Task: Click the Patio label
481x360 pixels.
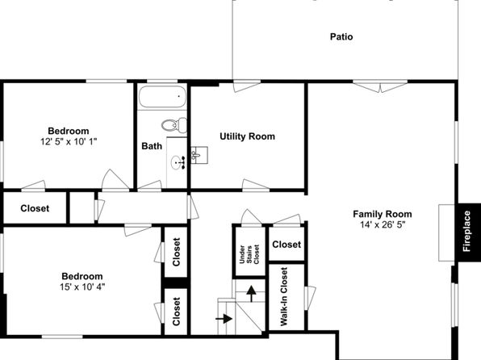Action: tap(341, 37)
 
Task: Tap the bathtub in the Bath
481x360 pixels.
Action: tap(162, 96)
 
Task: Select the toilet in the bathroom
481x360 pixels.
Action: tap(174, 125)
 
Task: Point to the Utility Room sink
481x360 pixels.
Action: tap(199, 155)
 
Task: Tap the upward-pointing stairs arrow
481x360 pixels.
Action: tap(251, 294)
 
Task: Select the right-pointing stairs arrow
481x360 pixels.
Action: tap(224, 319)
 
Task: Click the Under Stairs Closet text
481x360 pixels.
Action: tap(249, 254)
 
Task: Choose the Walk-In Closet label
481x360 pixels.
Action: tap(284, 296)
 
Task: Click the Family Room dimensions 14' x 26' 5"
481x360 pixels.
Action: tap(383, 224)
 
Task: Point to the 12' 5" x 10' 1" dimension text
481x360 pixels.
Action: tap(69, 141)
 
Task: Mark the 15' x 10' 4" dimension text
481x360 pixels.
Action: tap(82, 287)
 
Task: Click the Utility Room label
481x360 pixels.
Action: tap(247, 136)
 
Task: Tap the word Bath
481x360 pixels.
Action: tap(152, 146)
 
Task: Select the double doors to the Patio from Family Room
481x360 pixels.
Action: tap(380, 86)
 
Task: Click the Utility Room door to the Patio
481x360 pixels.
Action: tap(247, 86)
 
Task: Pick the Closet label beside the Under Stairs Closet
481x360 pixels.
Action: tap(287, 245)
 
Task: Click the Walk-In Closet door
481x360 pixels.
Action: tap(310, 296)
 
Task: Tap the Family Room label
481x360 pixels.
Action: tap(383, 214)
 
